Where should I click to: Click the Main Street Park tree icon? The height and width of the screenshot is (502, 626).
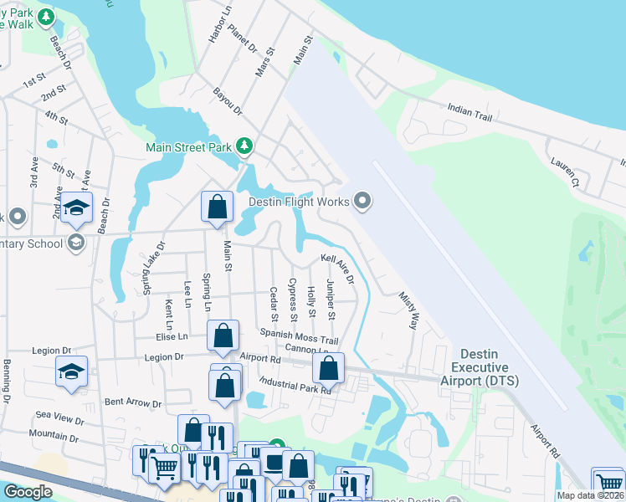244,147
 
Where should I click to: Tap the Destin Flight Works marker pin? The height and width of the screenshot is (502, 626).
362,201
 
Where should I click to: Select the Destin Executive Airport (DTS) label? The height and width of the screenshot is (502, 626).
485,367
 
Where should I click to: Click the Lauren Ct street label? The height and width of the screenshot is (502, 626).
564,171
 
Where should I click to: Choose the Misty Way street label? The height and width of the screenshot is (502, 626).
408,310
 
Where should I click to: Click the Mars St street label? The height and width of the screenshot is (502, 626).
265,62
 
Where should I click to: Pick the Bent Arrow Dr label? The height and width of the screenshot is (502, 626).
132,402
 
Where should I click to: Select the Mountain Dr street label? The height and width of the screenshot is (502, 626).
53,437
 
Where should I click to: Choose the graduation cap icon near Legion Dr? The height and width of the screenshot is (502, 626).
72,370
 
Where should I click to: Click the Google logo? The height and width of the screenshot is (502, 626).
28,493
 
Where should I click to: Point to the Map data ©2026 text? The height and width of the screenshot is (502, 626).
591,495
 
